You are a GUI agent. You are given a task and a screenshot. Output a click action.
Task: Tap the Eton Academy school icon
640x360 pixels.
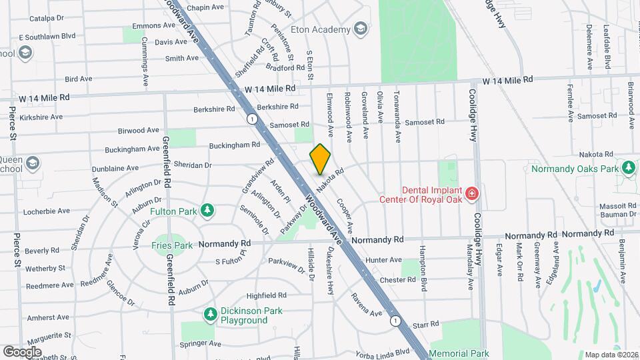[361, 29]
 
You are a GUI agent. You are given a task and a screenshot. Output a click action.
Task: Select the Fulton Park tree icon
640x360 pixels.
[208, 211]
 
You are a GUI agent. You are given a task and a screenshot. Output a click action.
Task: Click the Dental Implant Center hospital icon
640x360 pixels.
[472, 193]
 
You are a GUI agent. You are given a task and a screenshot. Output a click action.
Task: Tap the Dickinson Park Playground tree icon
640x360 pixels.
[211, 313]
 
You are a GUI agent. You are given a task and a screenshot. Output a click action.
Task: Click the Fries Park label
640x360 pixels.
[173, 245]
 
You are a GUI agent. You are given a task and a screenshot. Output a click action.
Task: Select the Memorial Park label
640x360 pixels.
[459, 353]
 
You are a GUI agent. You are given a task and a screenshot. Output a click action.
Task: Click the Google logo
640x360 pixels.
[22, 351]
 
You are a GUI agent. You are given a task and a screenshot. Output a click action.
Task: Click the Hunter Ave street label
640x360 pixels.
[383, 260]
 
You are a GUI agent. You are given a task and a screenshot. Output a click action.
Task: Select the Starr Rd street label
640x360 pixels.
[426, 324]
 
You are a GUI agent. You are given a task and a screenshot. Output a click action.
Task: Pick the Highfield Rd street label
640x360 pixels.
[266, 295]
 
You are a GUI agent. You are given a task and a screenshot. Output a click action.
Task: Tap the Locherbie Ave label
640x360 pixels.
[46, 211]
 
